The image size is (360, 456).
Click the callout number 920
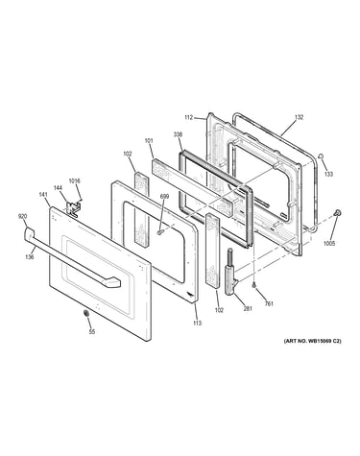click(x=22, y=216)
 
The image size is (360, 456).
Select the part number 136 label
click(x=30, y=257)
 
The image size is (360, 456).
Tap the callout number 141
click(x=43, y=194)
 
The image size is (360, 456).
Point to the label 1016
click(x=74, y=180)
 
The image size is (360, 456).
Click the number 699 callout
click(x=164, y=197)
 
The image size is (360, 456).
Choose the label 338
click(x=178, y=134)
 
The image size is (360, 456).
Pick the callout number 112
click(x=189, y=117)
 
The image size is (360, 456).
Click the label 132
click(x=299, y=117)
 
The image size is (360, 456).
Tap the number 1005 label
click(x=329, y=244)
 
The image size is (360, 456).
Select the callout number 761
click(x=269, y=303)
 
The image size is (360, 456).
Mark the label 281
click(x=248, y=308)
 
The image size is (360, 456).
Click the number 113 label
click(x=198, y=323)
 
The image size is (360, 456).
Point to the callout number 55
click(x=92, y=332)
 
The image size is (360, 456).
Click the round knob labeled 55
click(x=85, y=314)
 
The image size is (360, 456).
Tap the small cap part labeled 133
click(x=321, y=156)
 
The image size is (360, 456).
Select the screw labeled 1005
click(x=336, y=212)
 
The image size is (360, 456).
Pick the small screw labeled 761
click(x=254, y=284)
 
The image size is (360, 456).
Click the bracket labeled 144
click(x=72, y=209)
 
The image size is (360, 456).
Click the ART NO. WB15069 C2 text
click(x=313, y=341)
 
